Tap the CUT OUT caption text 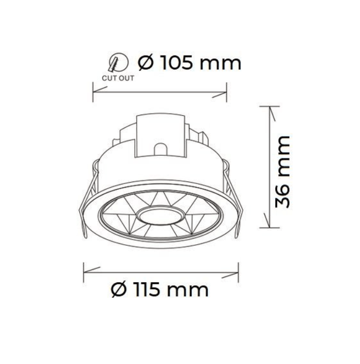click(x=118, y=79)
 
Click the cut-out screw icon click(x=115, y=64)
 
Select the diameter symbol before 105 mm click(x=146, y=63)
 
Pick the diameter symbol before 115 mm click(x=119, y=290)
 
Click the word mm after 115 click(x=190, y=290)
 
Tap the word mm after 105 click(x=222, y=64)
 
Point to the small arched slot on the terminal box click(x=160, y=149)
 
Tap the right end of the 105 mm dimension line click(x=226, y=93)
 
